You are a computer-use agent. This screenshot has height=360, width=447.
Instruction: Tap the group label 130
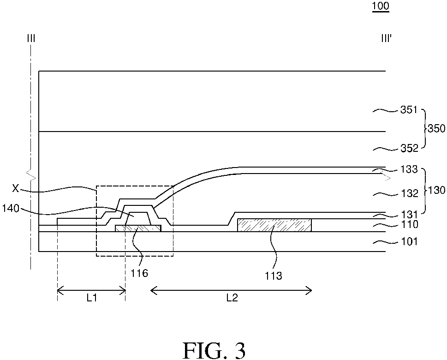coord(436,190)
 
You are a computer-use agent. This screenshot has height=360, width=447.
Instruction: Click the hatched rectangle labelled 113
coord(274,225)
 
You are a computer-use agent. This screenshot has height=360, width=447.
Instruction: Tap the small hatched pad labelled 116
coord(138,228)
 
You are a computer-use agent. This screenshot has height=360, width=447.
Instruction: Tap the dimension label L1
coord(91,298)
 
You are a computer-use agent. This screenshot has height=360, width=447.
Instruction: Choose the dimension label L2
coord(232,298)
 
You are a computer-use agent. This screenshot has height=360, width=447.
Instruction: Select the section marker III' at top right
coord(386,38)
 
